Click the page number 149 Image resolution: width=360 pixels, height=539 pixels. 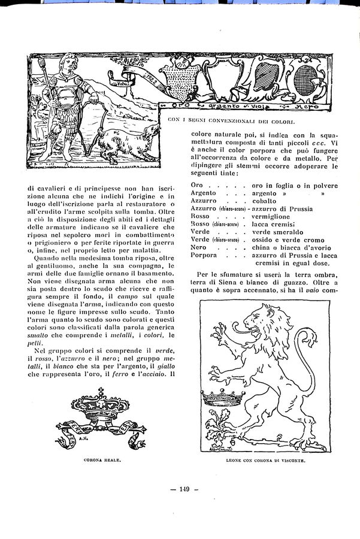click(x=180, y=489)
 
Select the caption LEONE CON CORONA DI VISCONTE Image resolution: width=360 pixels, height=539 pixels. click(x=265, y=460)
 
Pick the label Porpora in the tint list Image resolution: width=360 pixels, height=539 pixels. click(x=204, y=255)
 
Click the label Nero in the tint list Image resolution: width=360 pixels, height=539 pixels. click(x=198, y=247)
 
